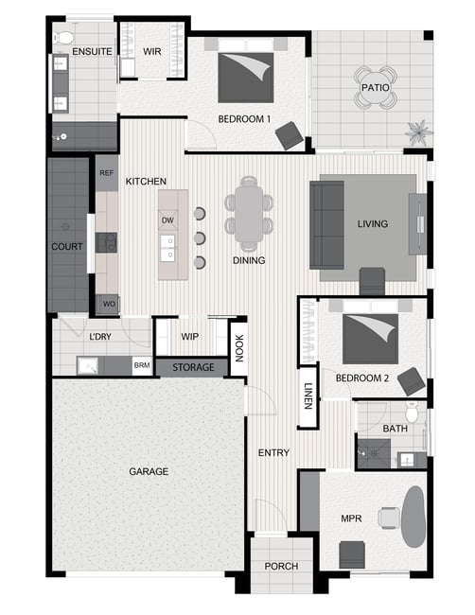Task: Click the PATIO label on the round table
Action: tap(375, 87)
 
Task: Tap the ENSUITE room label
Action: tap(92, 51)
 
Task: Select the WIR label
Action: tap(151, 51)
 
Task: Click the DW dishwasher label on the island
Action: tap(167, 220)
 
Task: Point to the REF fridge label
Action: tap(106, 173)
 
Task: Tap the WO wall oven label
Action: tap(109, 304)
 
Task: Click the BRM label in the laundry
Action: tap(142, 365)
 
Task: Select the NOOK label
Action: tap(238, 348)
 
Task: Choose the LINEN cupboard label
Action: tap(308, 396)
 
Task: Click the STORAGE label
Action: tap(193, 367)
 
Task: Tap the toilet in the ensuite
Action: tap(63, 38)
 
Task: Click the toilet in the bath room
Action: tap(412, 412)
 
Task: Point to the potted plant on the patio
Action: tap(418, 132)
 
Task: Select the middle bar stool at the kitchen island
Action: tap(200, 238)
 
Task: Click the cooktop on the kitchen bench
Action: tap(106, 242)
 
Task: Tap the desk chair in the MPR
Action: tap(389, 517)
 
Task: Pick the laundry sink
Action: tap(87, 366)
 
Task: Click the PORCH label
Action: tap(281, 566)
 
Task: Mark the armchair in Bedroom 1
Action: tap(290, 135)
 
